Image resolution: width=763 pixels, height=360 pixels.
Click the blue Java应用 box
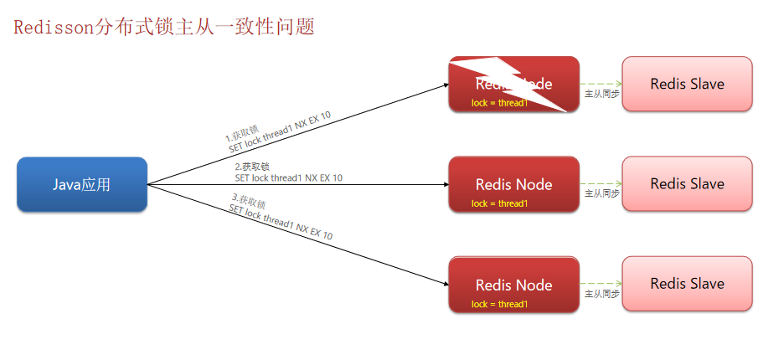(82, 184)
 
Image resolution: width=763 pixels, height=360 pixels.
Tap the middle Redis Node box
(513, 183)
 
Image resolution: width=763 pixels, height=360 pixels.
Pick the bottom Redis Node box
(513, 285)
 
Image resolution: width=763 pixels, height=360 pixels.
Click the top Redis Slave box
(687, 84)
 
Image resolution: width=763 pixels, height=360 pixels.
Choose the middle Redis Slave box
(687, 183)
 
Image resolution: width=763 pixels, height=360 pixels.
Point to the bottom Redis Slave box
(687, 284)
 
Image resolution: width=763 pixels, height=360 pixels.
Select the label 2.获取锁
(252, 167)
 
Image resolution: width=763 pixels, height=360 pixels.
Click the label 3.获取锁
(249, 201)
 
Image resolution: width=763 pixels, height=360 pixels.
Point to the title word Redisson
(49, 27)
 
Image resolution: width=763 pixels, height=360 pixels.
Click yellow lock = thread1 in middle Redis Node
(499, 203)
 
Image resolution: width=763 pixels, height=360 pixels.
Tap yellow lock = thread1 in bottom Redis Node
(499, 304)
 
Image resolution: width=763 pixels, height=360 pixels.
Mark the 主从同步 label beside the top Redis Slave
(601, 94)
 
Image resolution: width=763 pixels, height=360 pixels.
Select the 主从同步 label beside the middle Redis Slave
(601, 193)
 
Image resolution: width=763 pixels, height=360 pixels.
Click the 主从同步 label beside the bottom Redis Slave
(601, 294)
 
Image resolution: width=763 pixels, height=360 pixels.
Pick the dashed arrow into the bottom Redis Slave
(600, 283)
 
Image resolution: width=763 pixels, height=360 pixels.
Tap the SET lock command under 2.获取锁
(288, 177)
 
